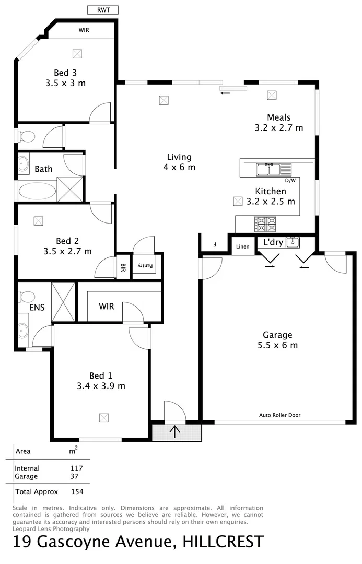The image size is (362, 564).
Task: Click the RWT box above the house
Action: click(x=102, y=10)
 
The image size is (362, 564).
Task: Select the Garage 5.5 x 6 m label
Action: click(x=277, y=340)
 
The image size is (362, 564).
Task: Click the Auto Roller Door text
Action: click(x=279, y=415)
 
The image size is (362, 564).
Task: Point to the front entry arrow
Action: click(x=175, y=432)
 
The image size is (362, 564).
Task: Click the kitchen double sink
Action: click(x=270, y=169)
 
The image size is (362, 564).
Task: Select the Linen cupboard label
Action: click(x=242, y=246)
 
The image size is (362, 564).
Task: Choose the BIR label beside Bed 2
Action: click(x=123, y=267)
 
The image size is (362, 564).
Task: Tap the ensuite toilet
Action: click(x=27, y=297)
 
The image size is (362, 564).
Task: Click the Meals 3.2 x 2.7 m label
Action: click(x=278, y=122)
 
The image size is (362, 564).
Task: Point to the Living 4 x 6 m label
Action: click(x=179, y=162)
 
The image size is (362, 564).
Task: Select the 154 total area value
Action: click(x=77, y=491)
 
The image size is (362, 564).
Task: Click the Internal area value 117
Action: click(x=77, y=468)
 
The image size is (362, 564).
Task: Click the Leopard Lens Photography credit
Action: click(x=47, y=528)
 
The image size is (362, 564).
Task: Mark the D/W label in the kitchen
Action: click(x=290, y=181)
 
